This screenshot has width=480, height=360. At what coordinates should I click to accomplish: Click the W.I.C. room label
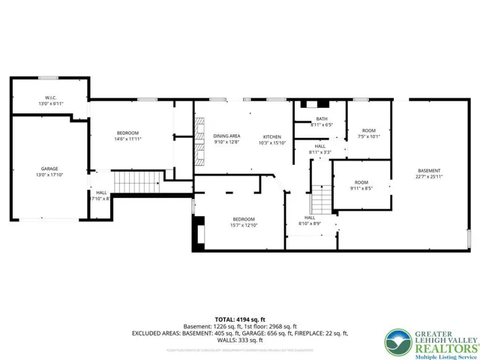50,98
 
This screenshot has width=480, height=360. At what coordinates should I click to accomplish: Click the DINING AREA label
226,136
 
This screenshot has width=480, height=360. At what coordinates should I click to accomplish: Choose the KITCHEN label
271,136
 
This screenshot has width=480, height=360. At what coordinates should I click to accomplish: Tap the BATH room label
322,118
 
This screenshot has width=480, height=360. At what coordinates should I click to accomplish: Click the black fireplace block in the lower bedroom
200,232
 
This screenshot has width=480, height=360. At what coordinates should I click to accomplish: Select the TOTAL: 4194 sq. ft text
239,319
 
